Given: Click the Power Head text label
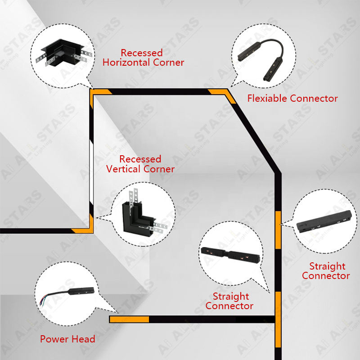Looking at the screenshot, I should click(67, 339).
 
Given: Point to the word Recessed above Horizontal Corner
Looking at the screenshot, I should click(141, 53).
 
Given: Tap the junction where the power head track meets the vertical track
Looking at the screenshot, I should click(277, 319).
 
